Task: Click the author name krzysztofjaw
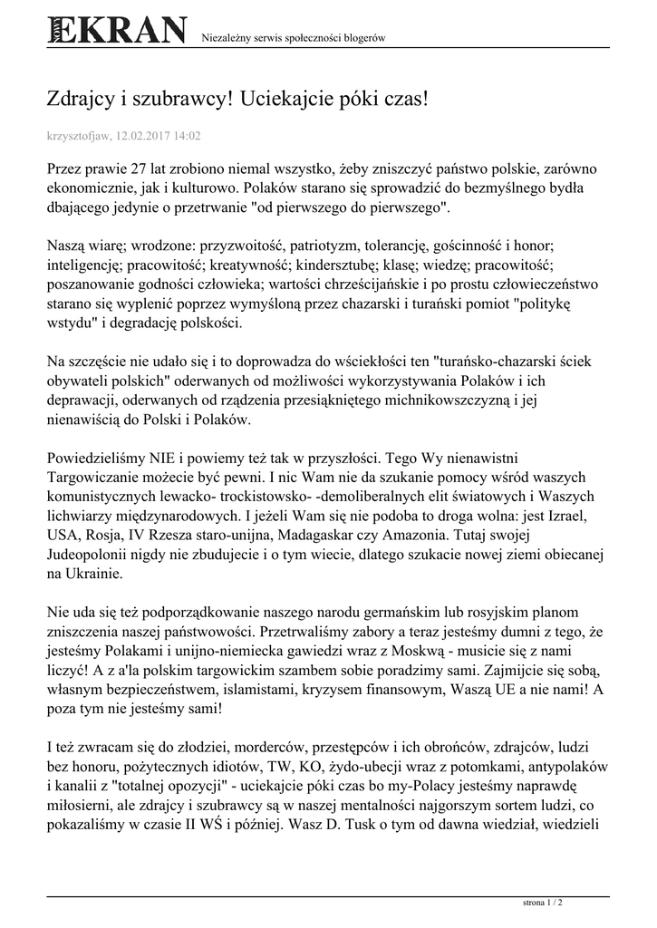77,136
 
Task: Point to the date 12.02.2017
145,136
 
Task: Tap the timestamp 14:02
189,136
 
